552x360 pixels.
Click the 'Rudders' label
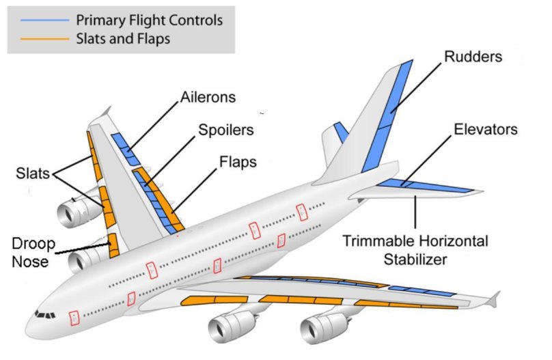pyautogui.click(x=472, y=56)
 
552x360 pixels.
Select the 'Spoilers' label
pyautogui.click(x=225, y=128)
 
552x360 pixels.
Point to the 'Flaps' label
pyautogui.click(x=238, y=163)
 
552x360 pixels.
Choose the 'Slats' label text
pyautogui.click(x=31, y=174)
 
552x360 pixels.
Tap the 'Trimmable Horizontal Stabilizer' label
pyautogui.click(x=415, y=250)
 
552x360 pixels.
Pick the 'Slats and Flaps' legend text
pyautogui.click(x=123, y=39)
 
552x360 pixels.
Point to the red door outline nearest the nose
pyautogui.click(x=74, y=317)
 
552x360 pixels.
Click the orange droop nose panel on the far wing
pyautogui.click(x=113, y=244)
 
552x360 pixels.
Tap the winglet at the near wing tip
pyautogui.click(x=493, y=298)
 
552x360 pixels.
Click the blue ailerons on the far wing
pyautogui.click(x=126, y=148)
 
